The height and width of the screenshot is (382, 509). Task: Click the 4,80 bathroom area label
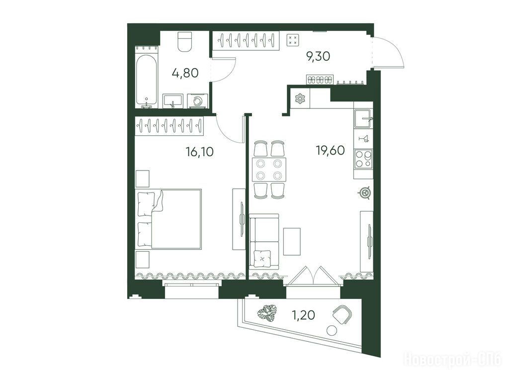(x=185, y=73)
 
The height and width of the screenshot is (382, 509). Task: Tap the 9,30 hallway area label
(x=318, y=57)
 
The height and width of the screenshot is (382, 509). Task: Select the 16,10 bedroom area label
(x=200, y=152)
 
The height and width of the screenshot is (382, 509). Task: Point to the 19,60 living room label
(x=331, y=150)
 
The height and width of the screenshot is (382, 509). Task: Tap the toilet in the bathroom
(x=185, y=42)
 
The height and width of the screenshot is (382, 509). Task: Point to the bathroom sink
(x=173, y=101)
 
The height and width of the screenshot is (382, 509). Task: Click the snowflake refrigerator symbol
(x=300, y=98)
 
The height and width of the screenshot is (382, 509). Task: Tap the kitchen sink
(x=363, y=119)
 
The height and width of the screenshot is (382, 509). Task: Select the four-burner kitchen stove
(x=363, y=159)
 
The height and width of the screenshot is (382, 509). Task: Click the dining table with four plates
(x=269, y=170)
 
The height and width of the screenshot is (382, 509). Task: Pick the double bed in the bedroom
(x=169, y=219)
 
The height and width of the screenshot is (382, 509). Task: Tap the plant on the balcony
(x=267, y=313)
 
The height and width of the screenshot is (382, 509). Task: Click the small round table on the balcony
(x=332, y=331)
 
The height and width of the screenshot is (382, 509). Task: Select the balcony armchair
(x=342, y=314)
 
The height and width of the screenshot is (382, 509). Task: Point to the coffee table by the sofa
(x=292, y=241)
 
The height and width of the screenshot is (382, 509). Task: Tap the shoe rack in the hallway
(x=319, y=80)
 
